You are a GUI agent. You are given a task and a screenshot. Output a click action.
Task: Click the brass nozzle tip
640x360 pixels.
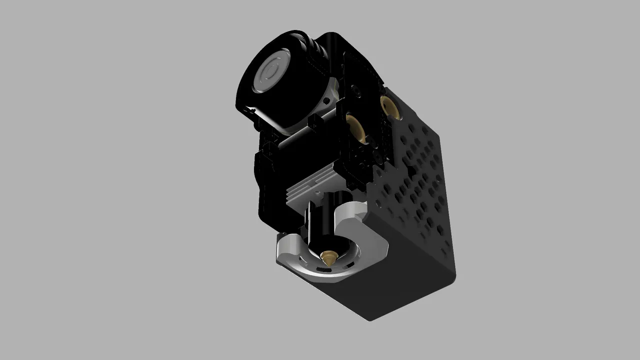point(328,258)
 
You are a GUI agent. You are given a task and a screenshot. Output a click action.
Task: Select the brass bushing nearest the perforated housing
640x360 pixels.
point(389,106)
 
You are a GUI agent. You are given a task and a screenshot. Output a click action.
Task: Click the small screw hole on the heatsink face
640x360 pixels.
point(317,191)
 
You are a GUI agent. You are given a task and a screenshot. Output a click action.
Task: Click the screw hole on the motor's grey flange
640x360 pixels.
point(327,100)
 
